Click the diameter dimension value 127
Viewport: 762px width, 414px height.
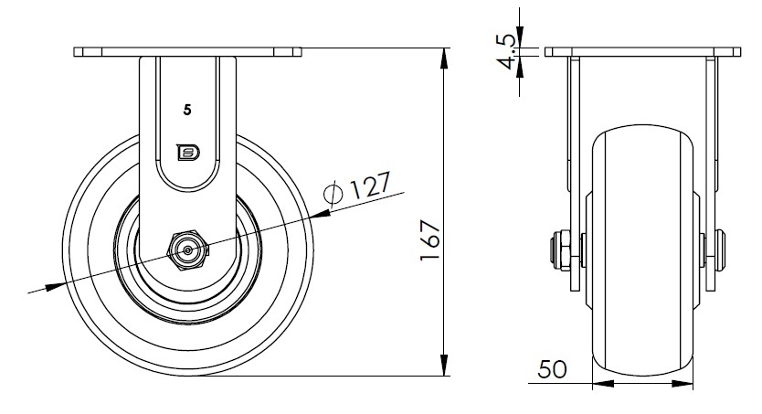(x=370, y=186)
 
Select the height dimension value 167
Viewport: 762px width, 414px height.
(x=430, y=240)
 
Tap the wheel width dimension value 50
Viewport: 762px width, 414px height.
(x=553, y=369)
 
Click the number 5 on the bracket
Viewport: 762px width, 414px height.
(x=187, y=111)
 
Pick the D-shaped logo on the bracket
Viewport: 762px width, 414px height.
(x=188, y=153)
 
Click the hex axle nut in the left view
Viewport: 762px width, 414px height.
(x=187, y=250)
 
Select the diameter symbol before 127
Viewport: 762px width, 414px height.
(x=333, y=193)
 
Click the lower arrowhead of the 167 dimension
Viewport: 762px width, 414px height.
(x=444, y=365)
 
